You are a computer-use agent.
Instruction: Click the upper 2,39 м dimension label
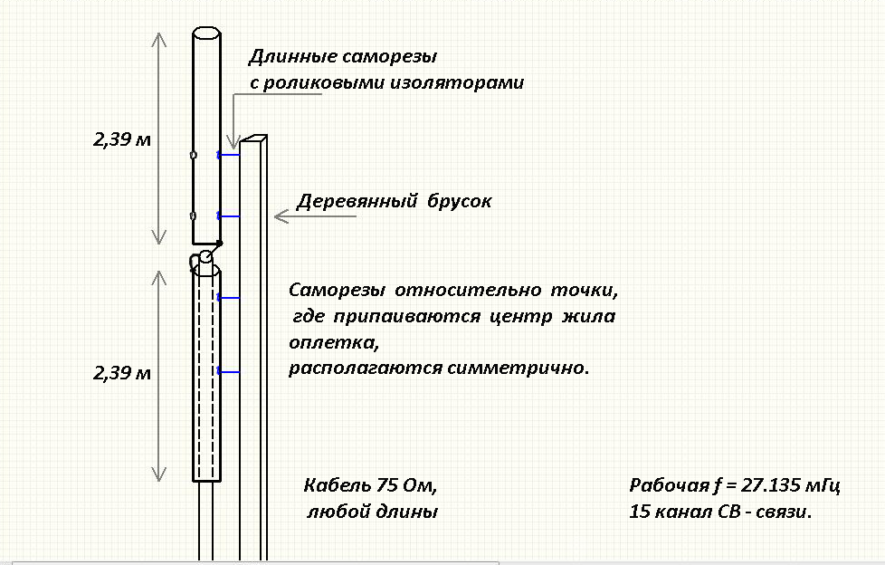[x=122, y=139]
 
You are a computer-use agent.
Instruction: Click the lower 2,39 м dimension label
[x=122, y=373]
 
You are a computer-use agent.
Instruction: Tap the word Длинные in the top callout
[x=292, y=56]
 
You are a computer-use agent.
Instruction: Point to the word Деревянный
[x=357, y=201]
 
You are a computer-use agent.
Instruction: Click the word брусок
[x=459, y=201]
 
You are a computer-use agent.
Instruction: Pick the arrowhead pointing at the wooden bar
[x=281, y=216]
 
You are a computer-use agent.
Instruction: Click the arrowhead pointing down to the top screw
[x=233, y=142]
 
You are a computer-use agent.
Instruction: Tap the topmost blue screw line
[x=229, y=155]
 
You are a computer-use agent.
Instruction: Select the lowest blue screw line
[x=229, y=372]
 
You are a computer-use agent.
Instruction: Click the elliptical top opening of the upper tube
[x=206, y=34]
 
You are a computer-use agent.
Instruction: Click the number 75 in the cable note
[x=387, y=485]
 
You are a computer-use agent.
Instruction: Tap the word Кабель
[x=337, y=485]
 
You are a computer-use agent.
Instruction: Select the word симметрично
[x=519, y=369]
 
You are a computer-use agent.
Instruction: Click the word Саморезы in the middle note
[x=337, y=291]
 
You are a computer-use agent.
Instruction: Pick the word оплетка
[x=334, y=343]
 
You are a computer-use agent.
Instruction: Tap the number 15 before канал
[x=641, y=512]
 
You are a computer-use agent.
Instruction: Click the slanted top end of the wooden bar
[x=253, y=139]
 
